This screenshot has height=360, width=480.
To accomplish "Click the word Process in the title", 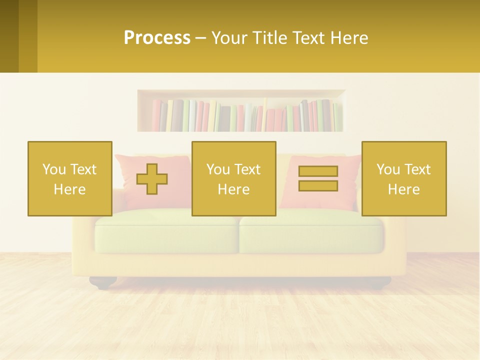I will tap(157, 38).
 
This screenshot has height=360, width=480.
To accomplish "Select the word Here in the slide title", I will tap(348, 38).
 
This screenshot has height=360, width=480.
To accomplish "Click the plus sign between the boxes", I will tap(152, 179).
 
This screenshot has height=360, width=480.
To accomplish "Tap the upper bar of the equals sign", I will tap(318, 171).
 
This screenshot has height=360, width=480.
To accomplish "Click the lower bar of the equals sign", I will tap(318, 185).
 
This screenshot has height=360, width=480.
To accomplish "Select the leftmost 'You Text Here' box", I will tap(69, 178).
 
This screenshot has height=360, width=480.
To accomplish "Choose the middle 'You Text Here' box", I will tap(233, 178).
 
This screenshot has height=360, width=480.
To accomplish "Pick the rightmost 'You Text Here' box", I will tap(404, 178).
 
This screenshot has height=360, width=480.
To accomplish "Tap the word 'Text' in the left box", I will tap(83, 169).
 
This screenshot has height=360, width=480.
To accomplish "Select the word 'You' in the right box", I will tap(388, 169).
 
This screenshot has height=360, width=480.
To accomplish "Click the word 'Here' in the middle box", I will tap(233, 189).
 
